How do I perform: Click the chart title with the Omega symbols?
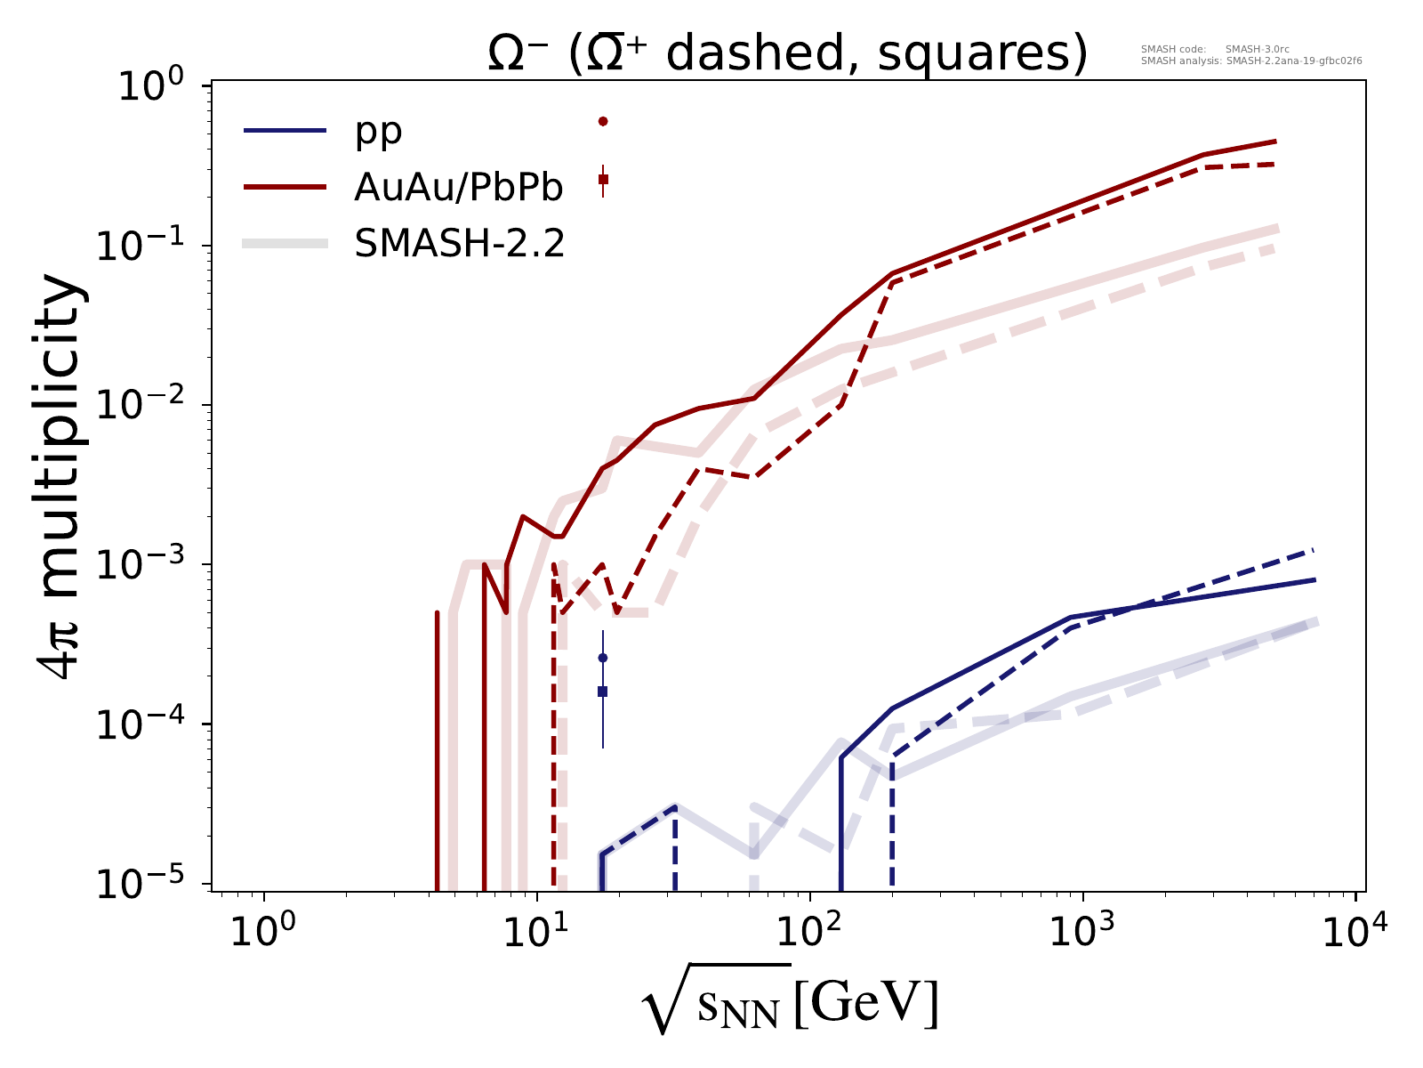click(x=787, y=55)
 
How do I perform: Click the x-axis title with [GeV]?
click(x=789, y=1007)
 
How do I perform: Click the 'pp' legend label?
click(x=378, y=132)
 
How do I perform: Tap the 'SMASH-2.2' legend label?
click(x=459, y=243)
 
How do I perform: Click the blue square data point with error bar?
click(x=602, y=692)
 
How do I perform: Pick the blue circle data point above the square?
click(x=602, y=658)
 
